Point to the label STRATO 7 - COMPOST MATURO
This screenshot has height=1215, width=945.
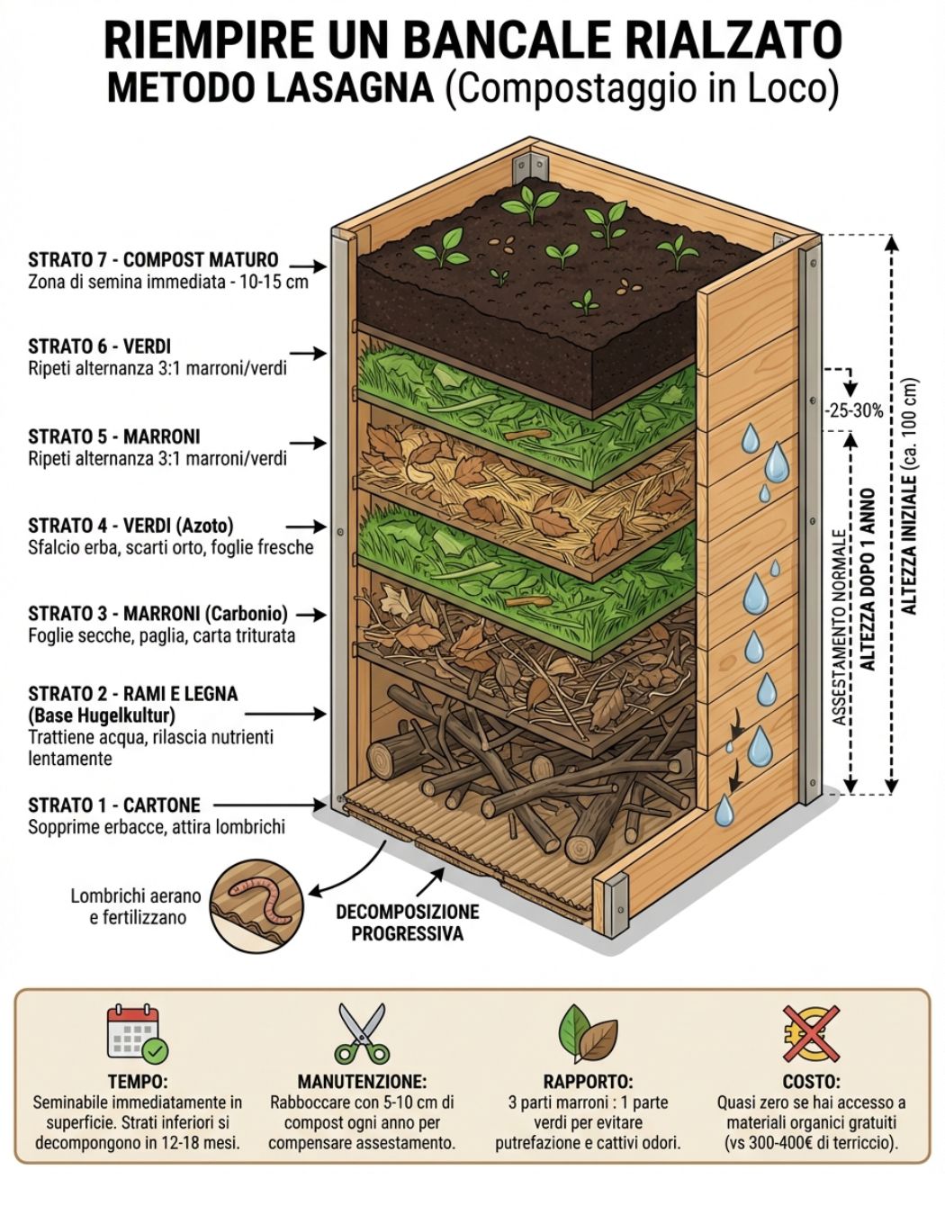[x=153, y=260]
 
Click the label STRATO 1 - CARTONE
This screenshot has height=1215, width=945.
[x=114, y=805]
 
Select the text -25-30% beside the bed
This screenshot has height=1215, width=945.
[x=854, y=410]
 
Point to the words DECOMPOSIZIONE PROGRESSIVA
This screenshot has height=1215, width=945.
[x=408, y=922]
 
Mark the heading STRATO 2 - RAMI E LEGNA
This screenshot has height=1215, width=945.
[x=133, y=694]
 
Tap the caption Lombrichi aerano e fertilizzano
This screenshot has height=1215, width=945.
[x=137, y=906]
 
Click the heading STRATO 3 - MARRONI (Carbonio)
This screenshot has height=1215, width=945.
[x=157, y=614]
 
